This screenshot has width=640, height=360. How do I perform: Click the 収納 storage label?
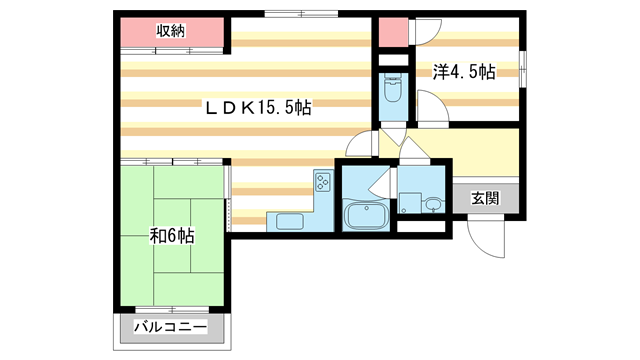(171, 30)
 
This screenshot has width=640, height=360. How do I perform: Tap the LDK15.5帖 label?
(258, 107)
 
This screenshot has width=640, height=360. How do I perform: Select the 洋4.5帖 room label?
(464, 72)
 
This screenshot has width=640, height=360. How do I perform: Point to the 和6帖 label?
(172, 236)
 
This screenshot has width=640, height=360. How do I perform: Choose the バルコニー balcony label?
(171, 328)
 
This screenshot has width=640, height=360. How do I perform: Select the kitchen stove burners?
(323, 182)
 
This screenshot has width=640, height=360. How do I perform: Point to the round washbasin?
(431, 206)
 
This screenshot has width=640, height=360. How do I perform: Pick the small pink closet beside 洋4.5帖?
(391, 30)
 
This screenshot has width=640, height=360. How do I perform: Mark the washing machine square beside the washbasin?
(409, 201)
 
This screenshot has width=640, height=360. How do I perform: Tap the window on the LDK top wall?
(301, 14)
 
